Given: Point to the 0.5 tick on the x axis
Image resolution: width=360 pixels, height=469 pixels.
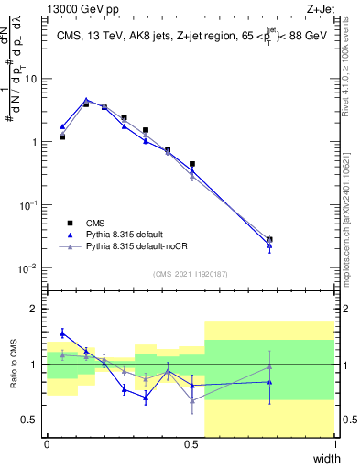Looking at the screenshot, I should (x=191, y=443).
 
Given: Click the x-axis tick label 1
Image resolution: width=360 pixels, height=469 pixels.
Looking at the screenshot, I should (x=334, y=443).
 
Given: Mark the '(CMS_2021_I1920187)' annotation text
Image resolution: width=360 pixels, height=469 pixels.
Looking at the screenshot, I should (x=191, y=273).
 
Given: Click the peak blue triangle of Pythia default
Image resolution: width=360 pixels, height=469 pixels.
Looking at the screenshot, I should (x=86, y=100).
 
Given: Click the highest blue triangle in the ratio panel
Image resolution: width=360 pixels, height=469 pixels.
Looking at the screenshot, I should (x=62, y=333).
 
